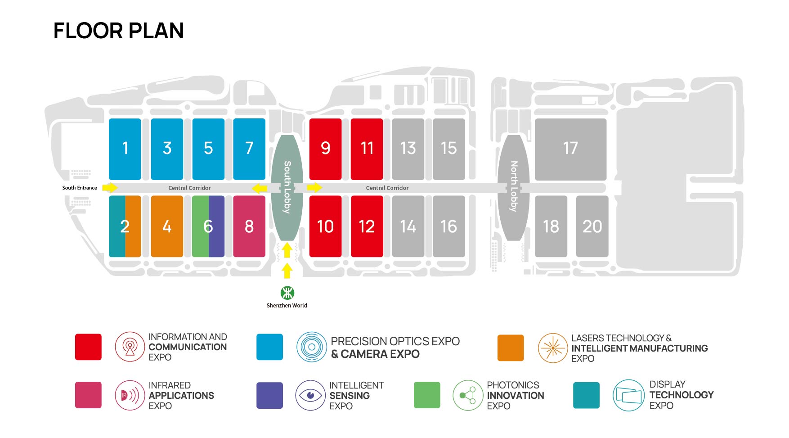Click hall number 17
click(x=570, y=148)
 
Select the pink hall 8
click(x=249, y=226)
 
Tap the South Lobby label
click(x=287, y=187)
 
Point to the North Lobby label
click(x=514, y=186)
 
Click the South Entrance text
click(x=80, y=188)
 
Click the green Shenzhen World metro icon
click(x=287, y=293)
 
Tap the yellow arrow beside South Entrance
click(x=110, y=188)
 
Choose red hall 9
click(x=325, y=149)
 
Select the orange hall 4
click(x=167, y=226)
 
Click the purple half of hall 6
click(x=217, y=226)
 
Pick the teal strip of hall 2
click(x=117, y=226)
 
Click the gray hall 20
click(x=592, y=226)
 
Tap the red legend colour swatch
click(x=88, y=347)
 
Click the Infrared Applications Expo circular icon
click(x=130, y=395)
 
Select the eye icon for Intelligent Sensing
click(x=310, y=395)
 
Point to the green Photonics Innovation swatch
click(x=427, y=395)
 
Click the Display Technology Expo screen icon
click(x=628, y=395)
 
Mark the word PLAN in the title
click(x=156, y=31)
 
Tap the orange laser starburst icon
click(x=552, y=348)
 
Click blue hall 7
click(x=249, y=149)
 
